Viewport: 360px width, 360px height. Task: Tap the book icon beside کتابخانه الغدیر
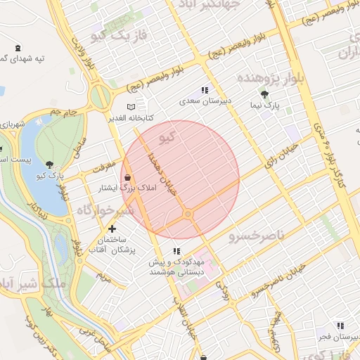tap(122, 105)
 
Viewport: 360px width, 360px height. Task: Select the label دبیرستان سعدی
tap(203, 101)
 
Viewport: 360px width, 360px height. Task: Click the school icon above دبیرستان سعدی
tap(205, 90)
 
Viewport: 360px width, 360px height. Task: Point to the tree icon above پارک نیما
tap(264, 94)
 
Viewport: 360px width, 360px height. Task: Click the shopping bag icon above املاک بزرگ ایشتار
tap(127, 177)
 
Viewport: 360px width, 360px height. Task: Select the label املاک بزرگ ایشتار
tap(119, 188)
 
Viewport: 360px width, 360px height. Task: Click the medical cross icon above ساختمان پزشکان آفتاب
tap(112, 229)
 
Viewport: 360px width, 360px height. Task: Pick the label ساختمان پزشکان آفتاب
tap(112, 245)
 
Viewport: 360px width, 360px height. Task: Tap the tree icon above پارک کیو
tap(49, 162)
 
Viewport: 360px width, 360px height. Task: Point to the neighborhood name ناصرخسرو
tap(257, 236)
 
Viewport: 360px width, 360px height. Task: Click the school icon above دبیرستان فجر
tap(340, 326)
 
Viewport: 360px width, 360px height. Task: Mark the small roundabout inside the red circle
tap(188, 214)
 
